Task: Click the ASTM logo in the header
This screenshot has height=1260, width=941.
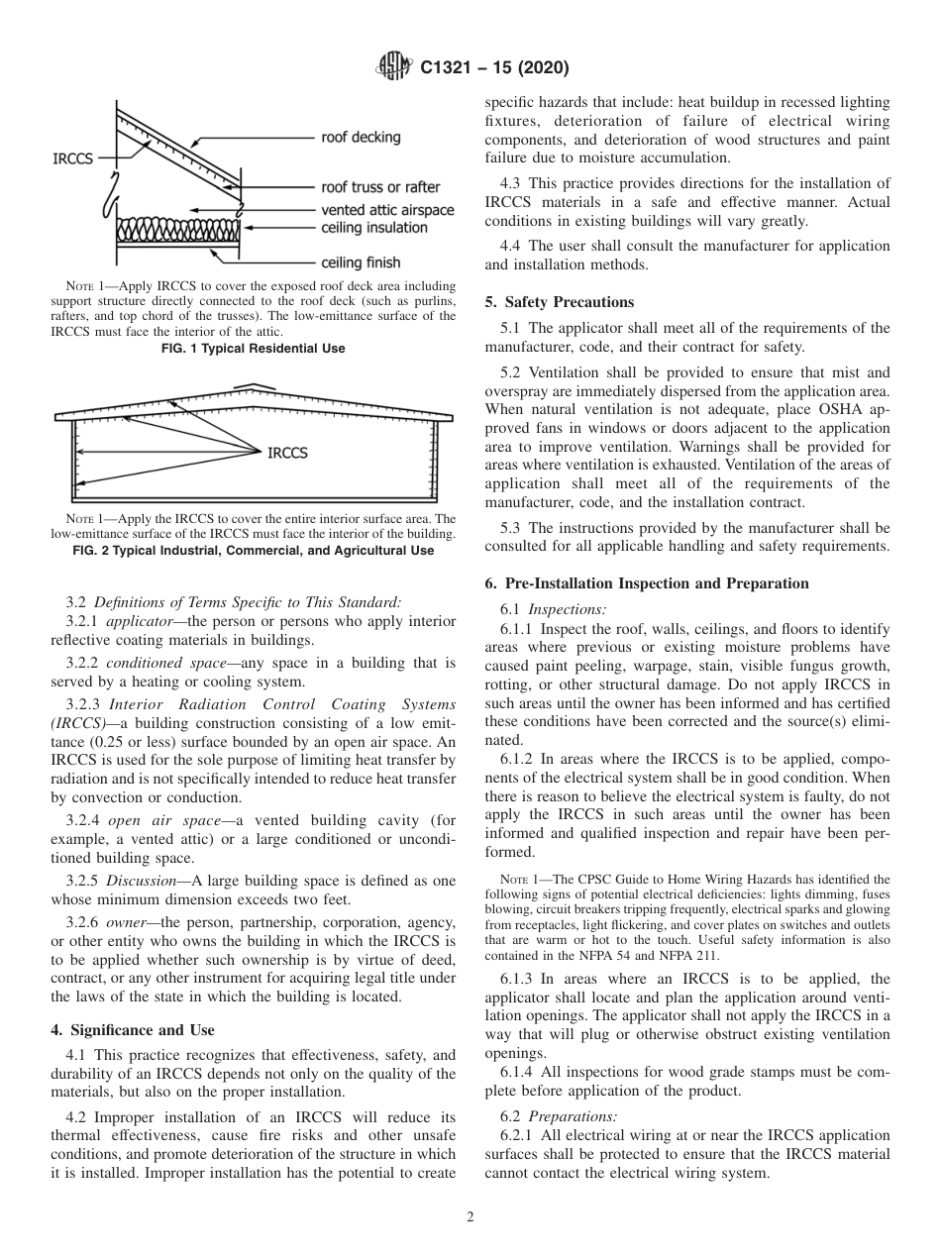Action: tap(395, 68)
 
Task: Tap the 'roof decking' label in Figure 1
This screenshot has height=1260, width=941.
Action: tap(361, 138)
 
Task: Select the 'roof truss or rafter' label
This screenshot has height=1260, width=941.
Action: tap(380, 187)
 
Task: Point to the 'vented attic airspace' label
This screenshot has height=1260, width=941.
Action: tap(387, 210)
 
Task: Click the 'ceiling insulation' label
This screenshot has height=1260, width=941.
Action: tap(374, 228)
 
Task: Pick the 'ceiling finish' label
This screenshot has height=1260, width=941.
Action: tap(361, 262)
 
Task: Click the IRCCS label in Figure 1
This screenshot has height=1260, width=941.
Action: tap(72, 158)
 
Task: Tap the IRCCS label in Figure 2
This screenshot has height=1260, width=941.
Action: tap(287, 453)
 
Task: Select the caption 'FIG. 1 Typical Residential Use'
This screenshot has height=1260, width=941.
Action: tap(254, 349)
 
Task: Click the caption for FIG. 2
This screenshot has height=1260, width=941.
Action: tap(254, 550)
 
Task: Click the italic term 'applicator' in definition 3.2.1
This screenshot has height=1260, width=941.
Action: tap(138, 621)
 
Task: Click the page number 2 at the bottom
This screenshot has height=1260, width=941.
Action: tap(470, 1217)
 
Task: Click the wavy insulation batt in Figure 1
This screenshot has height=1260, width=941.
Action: tap(179, 230)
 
